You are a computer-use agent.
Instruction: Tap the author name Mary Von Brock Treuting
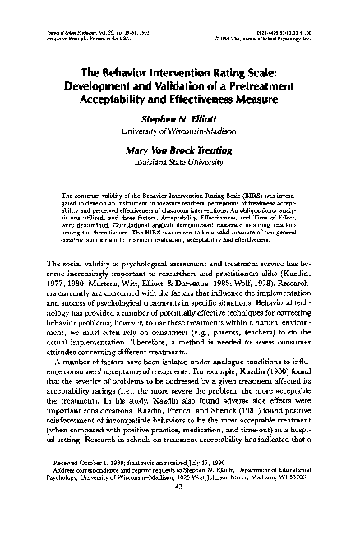pyautogui.click(x=180, y=150)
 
